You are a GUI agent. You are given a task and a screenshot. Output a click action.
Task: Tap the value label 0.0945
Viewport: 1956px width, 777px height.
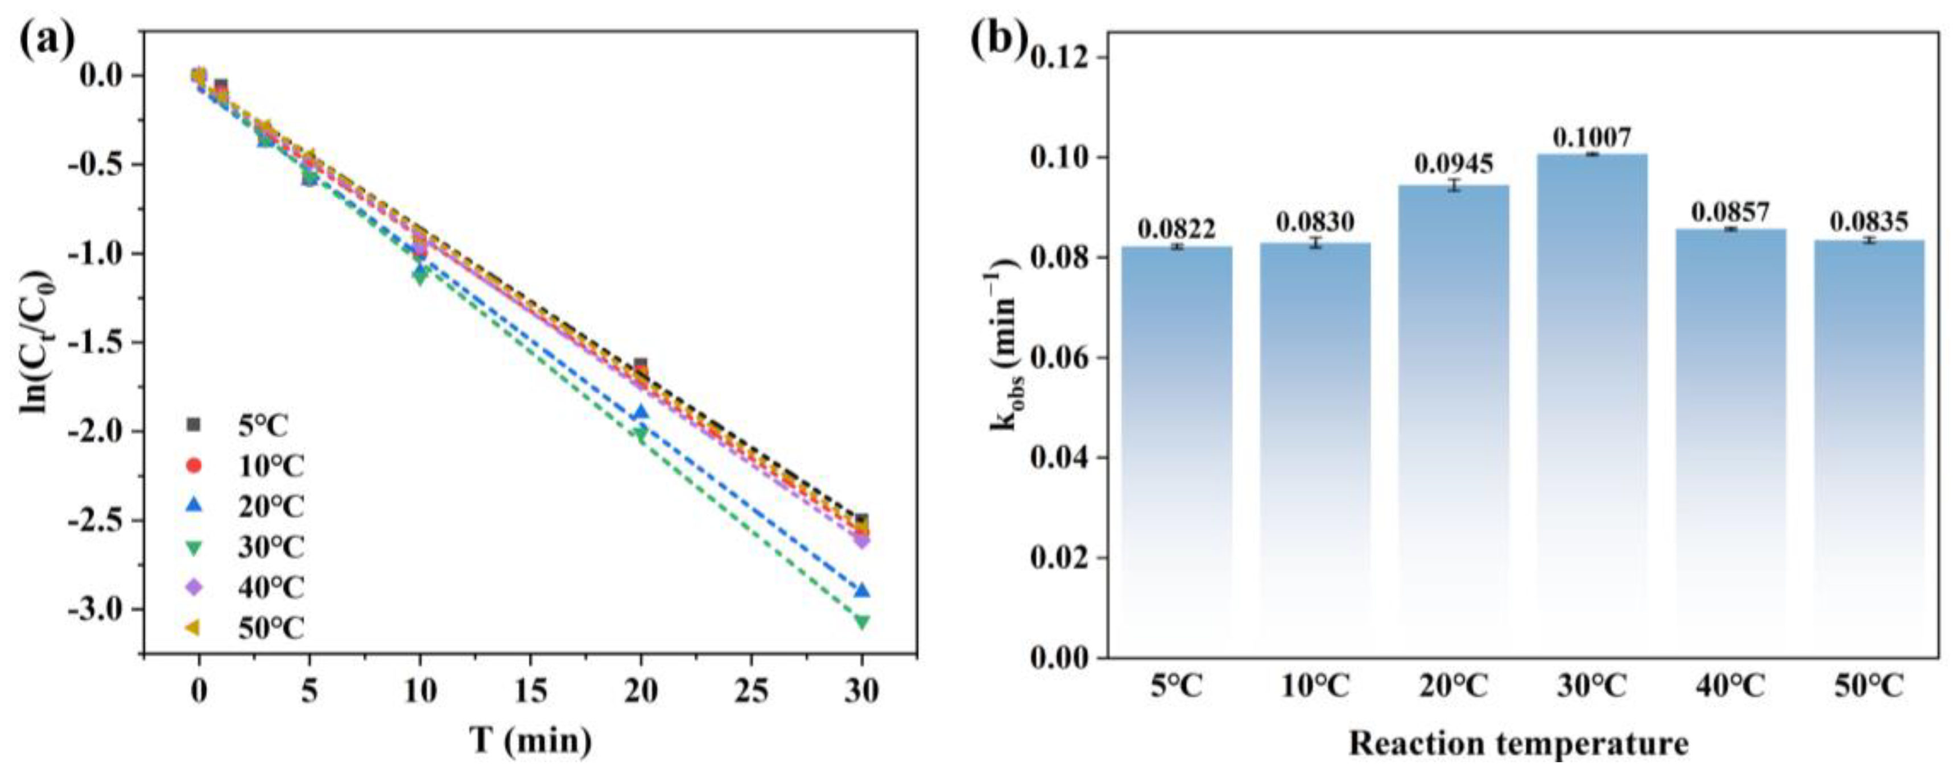pyautogui.click(x=1453, y=164)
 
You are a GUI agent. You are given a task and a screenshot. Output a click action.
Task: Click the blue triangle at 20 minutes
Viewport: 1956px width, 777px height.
pyautogui.click(x=641, y=413)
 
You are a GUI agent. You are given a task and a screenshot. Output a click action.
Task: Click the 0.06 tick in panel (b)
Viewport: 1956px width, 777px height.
pyautogui.click(x=1062, y=358)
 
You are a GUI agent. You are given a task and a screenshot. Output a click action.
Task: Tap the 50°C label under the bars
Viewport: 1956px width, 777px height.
pyautogui.click(x=1870, y=687)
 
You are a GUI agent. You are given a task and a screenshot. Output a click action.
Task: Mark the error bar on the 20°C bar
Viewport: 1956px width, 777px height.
pyautogui.click(x=1453, y=185)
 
